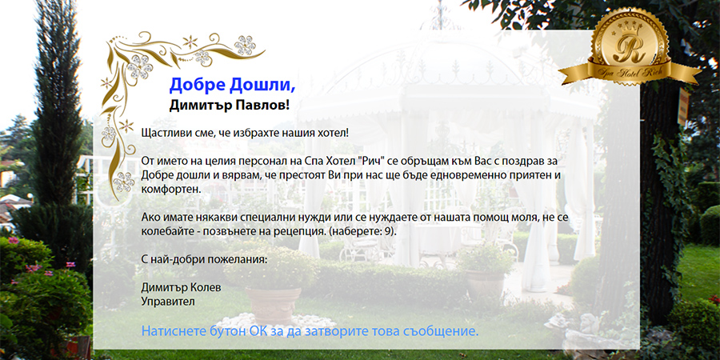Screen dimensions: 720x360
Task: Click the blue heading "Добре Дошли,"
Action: (232, 85)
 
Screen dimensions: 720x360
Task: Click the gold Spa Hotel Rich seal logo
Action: (630, 46)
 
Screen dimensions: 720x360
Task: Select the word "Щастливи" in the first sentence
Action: (165, 134)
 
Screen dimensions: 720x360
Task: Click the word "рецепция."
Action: (302, 231)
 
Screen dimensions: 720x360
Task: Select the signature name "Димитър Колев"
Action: (181, 288)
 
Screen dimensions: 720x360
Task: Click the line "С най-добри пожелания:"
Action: (204, 259)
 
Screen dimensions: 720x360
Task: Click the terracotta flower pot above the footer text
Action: (273, 305)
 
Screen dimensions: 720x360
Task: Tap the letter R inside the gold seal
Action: (629, 49)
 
